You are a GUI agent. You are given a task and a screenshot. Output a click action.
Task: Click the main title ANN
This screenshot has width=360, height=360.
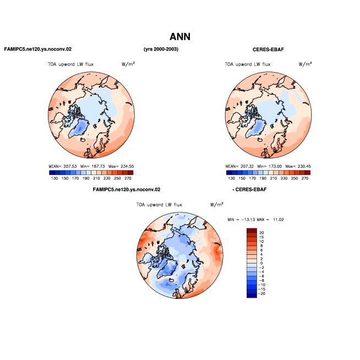180,37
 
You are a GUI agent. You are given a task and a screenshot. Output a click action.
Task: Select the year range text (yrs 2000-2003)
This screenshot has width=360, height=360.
161,49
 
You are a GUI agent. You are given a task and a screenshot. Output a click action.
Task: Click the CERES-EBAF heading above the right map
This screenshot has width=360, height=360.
268,50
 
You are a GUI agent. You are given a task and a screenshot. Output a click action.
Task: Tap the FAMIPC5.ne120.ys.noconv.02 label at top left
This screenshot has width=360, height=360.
38,49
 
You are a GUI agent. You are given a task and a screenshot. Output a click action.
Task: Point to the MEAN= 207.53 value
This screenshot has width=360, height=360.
63,166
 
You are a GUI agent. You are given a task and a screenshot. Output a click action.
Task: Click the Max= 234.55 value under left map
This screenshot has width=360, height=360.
121,166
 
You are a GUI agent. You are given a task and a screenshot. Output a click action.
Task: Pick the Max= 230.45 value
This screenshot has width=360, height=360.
298,166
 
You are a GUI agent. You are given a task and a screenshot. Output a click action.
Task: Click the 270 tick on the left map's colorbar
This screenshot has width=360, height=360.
128,178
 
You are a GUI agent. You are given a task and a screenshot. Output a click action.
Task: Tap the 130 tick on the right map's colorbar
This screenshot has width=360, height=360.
231,178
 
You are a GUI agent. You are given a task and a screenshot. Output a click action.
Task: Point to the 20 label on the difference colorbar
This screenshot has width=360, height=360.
261,233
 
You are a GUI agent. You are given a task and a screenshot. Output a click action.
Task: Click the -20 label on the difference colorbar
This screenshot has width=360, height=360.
261,293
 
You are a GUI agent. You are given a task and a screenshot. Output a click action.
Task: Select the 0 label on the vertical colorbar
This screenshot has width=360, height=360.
261,263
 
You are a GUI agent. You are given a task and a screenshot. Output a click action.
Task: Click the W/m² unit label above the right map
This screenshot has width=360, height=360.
305,64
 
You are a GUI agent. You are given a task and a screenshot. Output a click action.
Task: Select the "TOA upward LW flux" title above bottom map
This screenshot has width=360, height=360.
159,205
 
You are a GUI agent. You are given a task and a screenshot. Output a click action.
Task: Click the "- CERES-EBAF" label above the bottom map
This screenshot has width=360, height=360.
249,190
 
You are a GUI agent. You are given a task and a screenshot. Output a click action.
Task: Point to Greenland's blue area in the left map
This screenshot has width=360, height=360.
79,129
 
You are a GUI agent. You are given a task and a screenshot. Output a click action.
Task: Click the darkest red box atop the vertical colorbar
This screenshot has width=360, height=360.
252,230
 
